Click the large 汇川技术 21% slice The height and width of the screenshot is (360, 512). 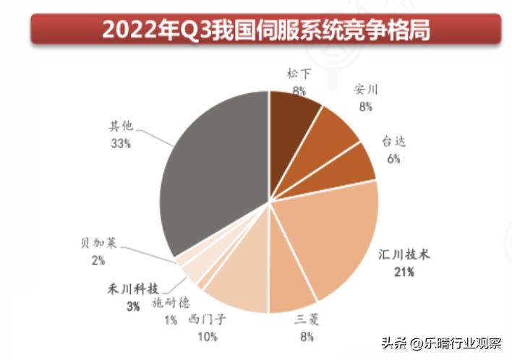[333, 239]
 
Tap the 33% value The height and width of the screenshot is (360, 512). [121, 144]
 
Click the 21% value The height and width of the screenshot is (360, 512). [404, 273]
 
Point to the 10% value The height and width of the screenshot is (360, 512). [208, 335]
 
